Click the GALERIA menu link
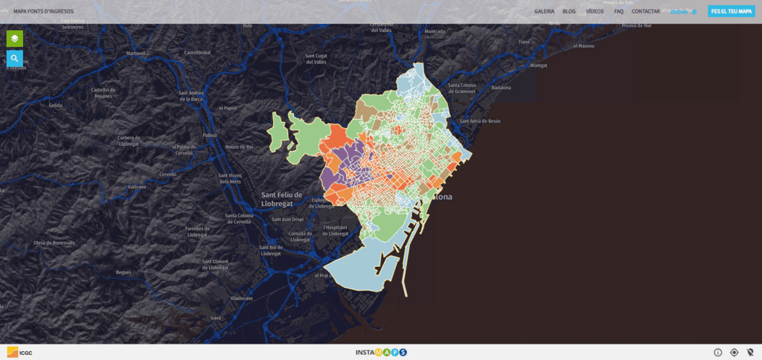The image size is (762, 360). [x=544, y=11]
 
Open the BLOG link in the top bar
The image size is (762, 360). [x=569, y=11]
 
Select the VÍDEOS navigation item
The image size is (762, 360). [x=595, y=11]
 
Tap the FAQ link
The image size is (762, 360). [x=618, y=11]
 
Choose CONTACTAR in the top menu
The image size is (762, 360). [x=645, y=11]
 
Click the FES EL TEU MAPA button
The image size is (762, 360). [x=731, y=11]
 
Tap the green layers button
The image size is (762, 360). [x=14, y=38]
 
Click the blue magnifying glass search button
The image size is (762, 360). [x=14, y=58]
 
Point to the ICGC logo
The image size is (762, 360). [x=20, y=352]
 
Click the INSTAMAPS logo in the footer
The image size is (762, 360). [x=381, y=352]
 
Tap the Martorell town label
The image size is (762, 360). [x=136, y=53]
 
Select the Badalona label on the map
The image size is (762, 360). [x=502, y=87]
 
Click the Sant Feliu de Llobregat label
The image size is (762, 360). [x=281, y=198]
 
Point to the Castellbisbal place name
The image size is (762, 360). [x=198, y=53]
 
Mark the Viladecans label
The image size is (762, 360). [x=242, y=298]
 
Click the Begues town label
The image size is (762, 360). [x=124, y=272]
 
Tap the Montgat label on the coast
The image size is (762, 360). [x=538, y=65]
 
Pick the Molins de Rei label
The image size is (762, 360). [x=239, y=147]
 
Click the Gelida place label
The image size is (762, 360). [x=56, y=105]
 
